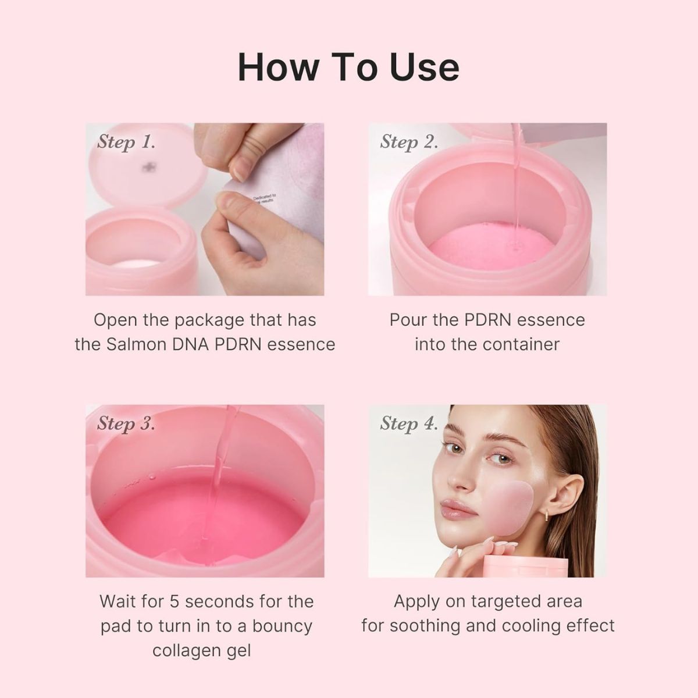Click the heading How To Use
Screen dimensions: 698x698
tap(348, 67)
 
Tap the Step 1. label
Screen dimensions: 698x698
tap(126, 142)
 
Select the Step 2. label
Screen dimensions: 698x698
tap(409, 142)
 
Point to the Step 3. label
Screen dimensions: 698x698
tap(126, 423)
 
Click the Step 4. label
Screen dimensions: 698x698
tap(409, 423)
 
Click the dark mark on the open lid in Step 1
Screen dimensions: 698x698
tap(149, 167)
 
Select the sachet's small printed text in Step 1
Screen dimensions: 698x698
tap(265, 199)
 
